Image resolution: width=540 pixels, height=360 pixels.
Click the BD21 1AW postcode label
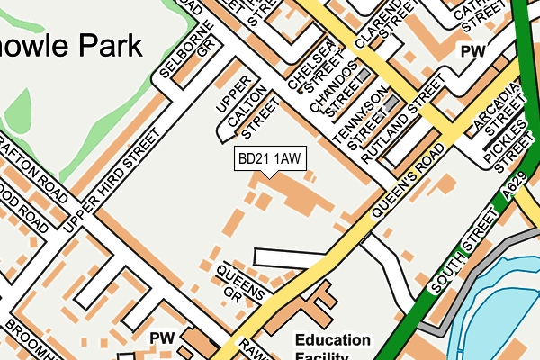[268, 158]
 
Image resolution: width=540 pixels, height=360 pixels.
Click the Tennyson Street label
[356, 119]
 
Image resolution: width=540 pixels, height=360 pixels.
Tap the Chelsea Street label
[310, 65]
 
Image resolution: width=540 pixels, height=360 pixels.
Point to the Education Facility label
[333, 347]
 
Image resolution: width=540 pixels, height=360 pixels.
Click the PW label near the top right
[472, 52]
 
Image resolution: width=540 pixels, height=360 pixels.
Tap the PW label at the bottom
[162, 337]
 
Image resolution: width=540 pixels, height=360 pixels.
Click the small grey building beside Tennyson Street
[390, 103]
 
